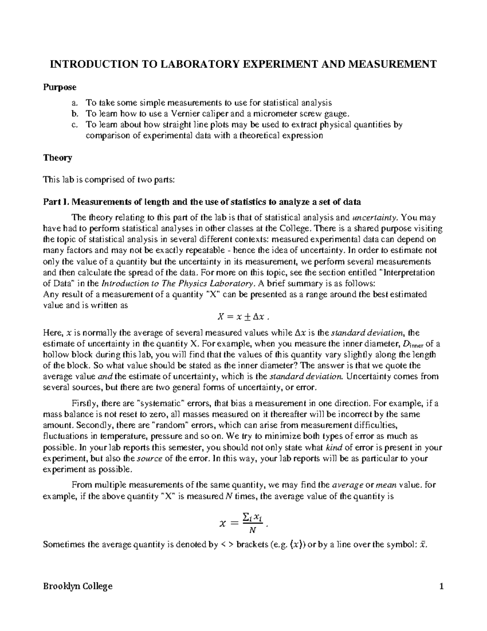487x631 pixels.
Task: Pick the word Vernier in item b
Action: click(185, 114)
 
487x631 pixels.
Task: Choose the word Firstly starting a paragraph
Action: click(83, 403)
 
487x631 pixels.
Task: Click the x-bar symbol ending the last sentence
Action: click(422, 545)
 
